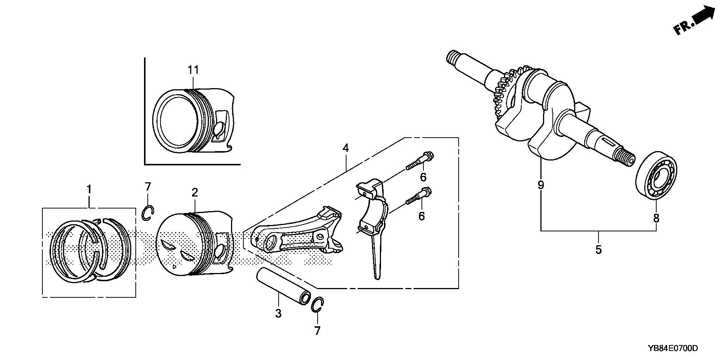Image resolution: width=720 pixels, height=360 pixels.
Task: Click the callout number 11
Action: pos(193,70)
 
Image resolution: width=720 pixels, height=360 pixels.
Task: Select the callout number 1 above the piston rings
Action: pos(89,190)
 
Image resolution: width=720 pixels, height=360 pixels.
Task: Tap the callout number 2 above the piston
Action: pos(195,193)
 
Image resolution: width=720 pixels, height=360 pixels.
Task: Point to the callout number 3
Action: pos(278,313)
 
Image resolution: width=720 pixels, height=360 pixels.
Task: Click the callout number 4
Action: pos(345,148)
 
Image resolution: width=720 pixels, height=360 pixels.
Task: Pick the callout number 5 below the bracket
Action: pos(598,249)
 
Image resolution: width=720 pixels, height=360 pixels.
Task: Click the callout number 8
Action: pos(656,218)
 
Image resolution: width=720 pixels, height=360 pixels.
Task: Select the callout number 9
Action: pos(541,185)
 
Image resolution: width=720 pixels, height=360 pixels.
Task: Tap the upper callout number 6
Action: pos(423,177)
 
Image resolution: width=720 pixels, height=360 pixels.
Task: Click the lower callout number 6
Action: pos(422,216)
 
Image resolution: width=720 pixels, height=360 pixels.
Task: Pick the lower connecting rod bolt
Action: pos(419,197)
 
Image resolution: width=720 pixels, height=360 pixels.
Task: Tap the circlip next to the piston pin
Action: pos(317,304)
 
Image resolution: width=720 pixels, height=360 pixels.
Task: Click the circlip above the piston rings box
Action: pos(148,212)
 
